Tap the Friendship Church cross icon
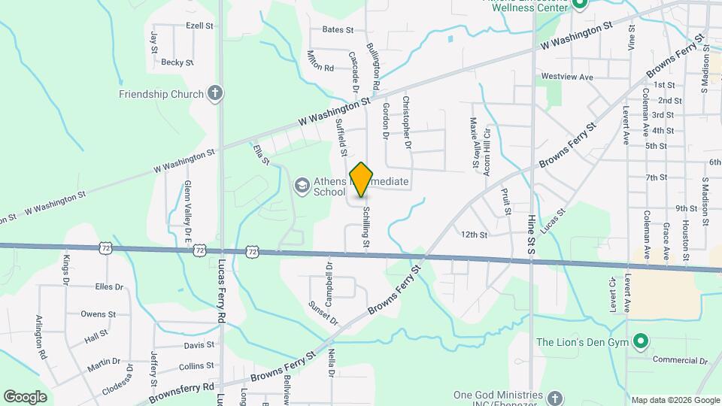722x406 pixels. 215,94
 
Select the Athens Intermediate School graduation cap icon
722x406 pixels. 302,186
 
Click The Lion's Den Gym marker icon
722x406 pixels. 640,343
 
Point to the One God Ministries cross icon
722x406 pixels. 554,398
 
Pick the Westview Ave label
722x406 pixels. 567,77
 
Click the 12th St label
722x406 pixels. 475,235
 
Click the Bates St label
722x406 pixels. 338,30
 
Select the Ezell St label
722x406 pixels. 199,25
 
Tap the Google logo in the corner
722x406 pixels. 25,397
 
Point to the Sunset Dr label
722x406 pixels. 324,313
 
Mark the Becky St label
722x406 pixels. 177,62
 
